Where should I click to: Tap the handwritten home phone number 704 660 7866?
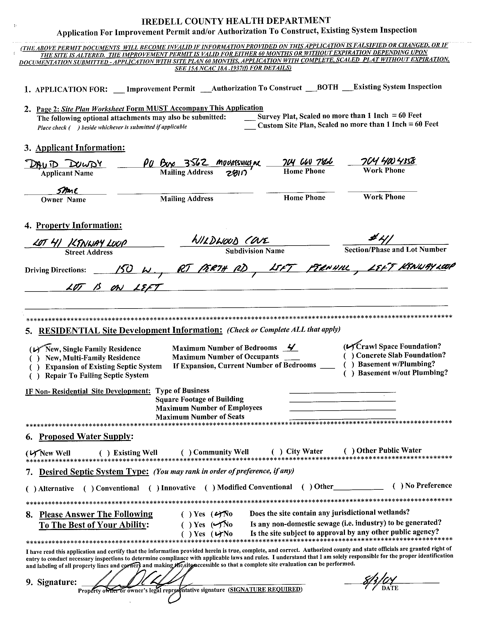pos(304,162)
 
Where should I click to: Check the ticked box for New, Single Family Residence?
pos(34,349)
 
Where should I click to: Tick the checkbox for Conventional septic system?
pos(88,489)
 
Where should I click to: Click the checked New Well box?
pos(31,453)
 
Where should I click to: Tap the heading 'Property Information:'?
pos(79,225)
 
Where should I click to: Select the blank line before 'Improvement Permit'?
pos(119,90)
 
